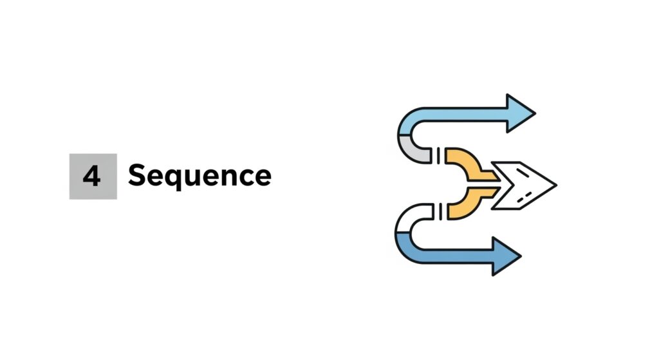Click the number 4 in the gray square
pos(92,176)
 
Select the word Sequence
pos(200,176)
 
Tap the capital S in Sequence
pos(137,175)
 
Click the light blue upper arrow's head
pos(519,114)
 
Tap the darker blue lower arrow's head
pos(505,256)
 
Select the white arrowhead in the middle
pos(524,184)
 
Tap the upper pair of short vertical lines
pos(440,155)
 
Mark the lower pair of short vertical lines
pos(440,209)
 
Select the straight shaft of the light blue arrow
pos(463,115)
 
